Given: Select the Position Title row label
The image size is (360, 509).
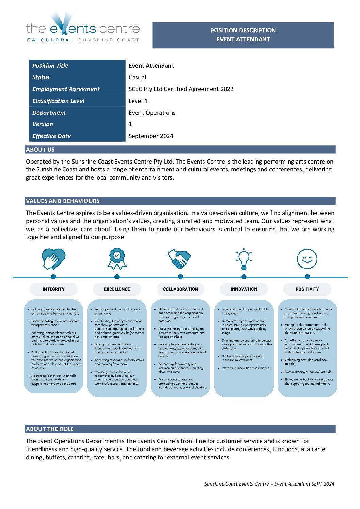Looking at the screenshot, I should pyautogui.click(x=50, y=66).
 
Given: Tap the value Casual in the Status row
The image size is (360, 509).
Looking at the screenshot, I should pyautogui.click(x=137, y=77).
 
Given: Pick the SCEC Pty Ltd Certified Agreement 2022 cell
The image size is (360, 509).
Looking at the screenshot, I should pyautogui.click(x=181, y=89).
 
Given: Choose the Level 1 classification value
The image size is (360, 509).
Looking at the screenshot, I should pyautogui.click(x=138, y=101).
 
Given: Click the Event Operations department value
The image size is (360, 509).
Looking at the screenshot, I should pyautogui.click(x=152, y=113).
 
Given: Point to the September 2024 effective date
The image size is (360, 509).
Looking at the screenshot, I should pyautogui.click(x=151, y=136).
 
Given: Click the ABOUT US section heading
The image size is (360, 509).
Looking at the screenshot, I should pyautogui.click(x=40, y=150).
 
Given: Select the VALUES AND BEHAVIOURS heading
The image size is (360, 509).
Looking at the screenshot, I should pyautogui.click(x=63, y=201).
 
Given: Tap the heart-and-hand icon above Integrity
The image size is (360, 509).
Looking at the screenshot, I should pyautogui.click(x=53, y=259).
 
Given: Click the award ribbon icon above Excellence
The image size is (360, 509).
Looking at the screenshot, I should pyautogui.click(x=117, y=259).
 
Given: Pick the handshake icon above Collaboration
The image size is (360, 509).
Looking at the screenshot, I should pyautogui.click(x=179, y=259).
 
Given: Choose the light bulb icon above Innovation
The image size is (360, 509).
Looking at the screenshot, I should pyautogui.click(x=244, y=259).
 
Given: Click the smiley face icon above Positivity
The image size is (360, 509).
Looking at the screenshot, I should pyautogui.click(x=307, y=259).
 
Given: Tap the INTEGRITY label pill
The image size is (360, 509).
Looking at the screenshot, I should pyautogui.click(x=53, y=289).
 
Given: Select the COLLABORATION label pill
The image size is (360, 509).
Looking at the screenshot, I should pyautogui.click(x=180, y=289).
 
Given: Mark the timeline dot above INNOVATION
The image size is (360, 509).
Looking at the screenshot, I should pyautogui.click(x=244, y=277).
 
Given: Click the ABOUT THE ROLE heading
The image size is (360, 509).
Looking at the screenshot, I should pyautogui.click(x=50, y=429).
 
